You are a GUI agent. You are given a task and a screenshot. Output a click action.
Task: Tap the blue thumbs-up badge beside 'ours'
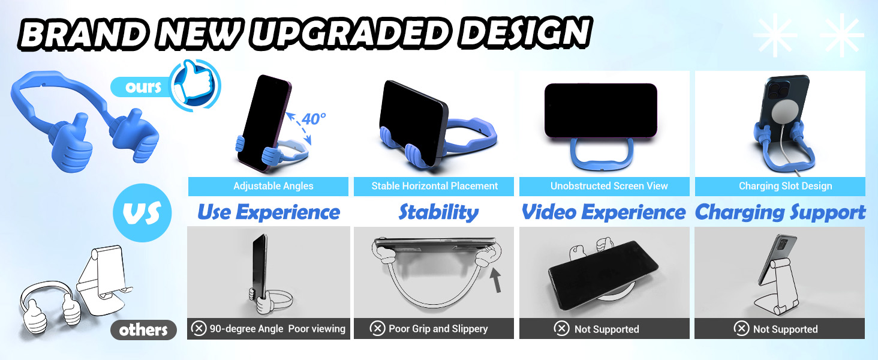pos(195,85)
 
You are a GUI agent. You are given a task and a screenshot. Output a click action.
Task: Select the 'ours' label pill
pos(143,87)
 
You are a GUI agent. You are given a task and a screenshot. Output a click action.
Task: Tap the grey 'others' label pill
pos(143,330)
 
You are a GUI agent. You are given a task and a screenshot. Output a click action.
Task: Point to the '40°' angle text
pos(314,119)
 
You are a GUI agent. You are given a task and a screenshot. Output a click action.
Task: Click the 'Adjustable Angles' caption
pos(273,186)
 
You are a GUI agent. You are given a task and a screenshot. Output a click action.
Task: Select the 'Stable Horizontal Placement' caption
pos(434,186)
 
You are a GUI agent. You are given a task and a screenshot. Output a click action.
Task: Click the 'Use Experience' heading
pos(268,212)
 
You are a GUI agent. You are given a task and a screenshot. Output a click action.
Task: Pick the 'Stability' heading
pos(438,212)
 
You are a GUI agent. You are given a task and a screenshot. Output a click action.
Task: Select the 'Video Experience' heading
pos(603,212)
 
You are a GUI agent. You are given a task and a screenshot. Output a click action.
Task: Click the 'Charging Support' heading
pos(780,212)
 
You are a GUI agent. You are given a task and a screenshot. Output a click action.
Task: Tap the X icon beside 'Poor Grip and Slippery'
pos(377,329)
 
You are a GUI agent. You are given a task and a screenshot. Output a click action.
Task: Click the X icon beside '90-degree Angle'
pos(199,329)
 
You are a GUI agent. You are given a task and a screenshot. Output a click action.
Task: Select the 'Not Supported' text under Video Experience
pos(606,329)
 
